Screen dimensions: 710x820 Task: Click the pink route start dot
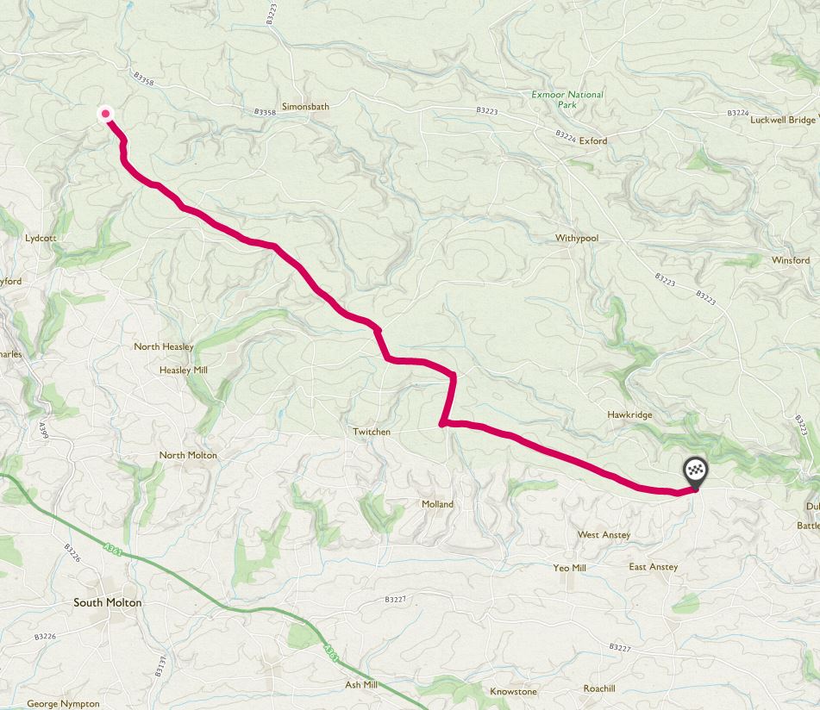point(106,113)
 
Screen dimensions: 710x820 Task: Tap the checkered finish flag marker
point(695,472)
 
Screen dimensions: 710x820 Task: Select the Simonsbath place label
point(301,106)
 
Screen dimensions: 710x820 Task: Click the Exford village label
point(593,140)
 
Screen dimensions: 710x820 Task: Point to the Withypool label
point(577,238)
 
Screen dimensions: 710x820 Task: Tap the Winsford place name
point(791,260)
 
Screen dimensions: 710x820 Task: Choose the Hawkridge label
point(629,414)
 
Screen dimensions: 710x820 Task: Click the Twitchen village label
point(372,432)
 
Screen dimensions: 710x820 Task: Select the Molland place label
point(437,504)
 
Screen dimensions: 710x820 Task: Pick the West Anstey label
point(604,535)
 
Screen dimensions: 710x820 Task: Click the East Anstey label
point(653,567)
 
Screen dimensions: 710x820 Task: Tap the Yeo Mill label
point(569,568)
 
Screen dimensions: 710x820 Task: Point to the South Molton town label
point(108,603)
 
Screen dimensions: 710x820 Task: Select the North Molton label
point(188,455)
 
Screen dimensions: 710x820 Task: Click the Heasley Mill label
point(184,370)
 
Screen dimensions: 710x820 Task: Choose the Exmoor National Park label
point(567,99)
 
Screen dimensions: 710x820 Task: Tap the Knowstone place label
point(513,692)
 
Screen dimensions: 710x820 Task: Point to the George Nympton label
point(63,704)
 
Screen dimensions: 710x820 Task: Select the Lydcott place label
point(41,237)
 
